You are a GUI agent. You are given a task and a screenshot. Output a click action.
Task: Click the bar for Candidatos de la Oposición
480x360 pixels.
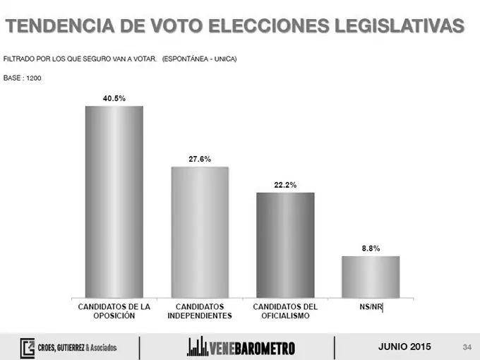pos(114,202)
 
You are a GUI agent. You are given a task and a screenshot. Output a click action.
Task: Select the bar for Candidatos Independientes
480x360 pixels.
pos(200,232)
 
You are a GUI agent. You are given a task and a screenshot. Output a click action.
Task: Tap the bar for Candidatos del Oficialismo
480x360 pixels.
pos(285,245)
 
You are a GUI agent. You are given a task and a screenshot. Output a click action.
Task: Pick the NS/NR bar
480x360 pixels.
pos(371,277)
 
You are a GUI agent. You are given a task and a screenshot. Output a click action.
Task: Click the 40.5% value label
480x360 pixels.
pos(114,98)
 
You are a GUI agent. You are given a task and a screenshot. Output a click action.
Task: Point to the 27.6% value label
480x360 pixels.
pos(200,160)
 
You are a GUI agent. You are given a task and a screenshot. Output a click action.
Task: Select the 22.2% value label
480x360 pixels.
pos(285,185)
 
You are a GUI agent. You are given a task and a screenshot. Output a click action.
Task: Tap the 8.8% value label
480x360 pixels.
pos(371,248)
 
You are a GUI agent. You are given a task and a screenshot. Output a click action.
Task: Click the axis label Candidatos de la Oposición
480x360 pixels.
pos(114,311)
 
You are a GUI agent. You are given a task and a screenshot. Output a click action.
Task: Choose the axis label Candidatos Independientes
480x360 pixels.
pos(200,311)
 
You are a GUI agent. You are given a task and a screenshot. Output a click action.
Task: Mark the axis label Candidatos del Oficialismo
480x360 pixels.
pos(285,311)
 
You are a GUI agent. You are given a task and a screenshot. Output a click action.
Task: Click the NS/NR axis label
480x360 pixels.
pos(371,307)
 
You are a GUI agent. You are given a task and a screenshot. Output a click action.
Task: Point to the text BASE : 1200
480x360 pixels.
pos(23,77)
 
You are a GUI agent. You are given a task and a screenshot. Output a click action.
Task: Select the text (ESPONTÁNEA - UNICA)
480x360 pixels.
pos(199,59)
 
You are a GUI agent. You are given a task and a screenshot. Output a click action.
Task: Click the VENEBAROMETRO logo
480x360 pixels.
pos(241,347)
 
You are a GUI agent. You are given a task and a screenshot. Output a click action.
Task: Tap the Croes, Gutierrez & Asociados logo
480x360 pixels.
pos(68,347)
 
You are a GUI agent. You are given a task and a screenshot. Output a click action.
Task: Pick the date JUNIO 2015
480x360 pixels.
pos(404,347)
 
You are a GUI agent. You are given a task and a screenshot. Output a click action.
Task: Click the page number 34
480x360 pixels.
pos(467,347)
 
